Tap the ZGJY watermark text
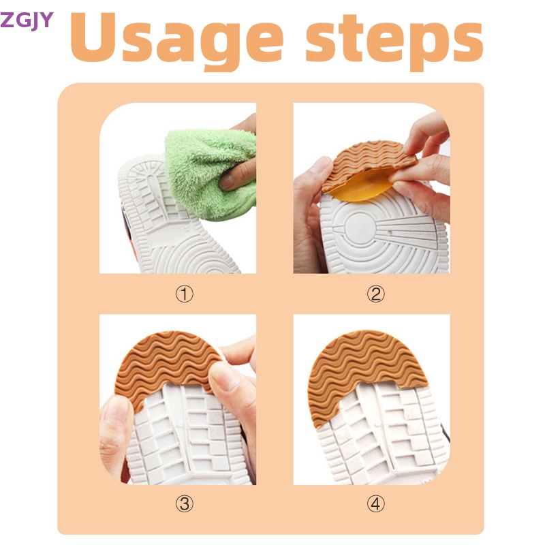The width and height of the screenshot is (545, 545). [27, 20]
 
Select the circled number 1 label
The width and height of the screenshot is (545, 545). [185, 294]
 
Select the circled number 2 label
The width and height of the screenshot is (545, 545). [376, 294]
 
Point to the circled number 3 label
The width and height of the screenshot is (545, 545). [185, 504]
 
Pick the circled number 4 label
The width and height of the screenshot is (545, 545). [376, 504]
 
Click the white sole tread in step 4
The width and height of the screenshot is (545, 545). [381, 436]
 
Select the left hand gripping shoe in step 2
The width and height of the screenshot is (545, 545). [308, 204]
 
